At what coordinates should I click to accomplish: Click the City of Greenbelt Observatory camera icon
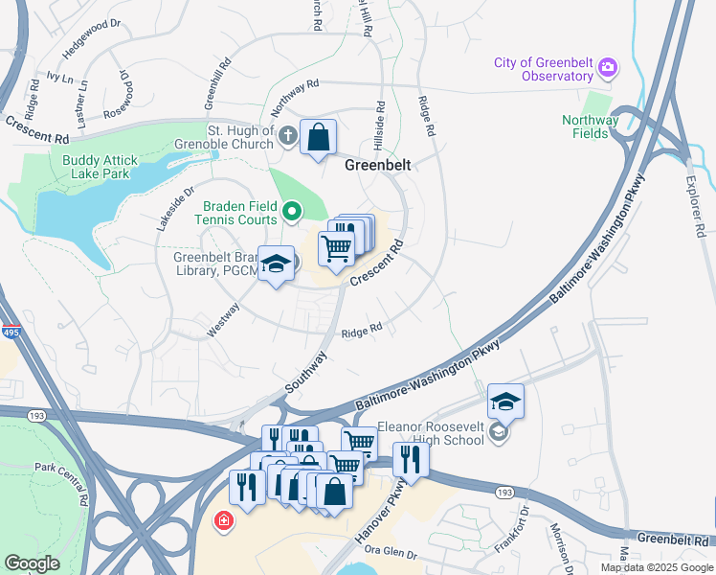607,68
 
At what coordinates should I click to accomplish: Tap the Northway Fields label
590,126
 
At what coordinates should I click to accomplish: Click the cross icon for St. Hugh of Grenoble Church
286,136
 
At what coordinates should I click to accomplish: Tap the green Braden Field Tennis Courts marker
293,210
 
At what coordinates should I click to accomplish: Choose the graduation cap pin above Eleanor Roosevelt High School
505,402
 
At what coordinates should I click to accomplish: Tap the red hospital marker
223,521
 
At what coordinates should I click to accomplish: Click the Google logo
33,563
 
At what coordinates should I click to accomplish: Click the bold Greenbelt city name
377,165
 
